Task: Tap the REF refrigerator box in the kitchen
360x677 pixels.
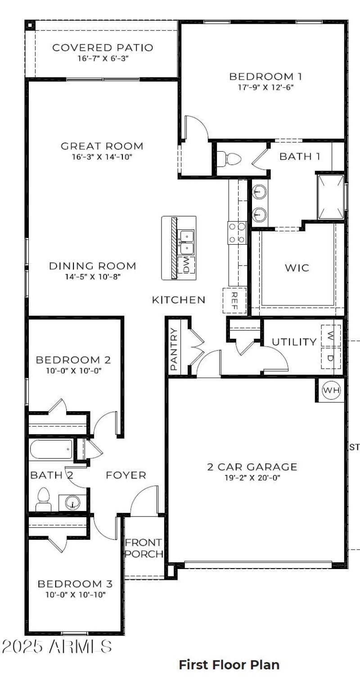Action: click(234, 300)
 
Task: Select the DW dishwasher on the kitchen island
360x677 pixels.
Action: click(186, 265)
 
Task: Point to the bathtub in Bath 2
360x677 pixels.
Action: click(51, 449)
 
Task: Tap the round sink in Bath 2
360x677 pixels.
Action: click(72, 502)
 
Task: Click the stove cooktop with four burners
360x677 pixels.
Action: click(237, 233)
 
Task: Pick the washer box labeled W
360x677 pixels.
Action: click(331, 336)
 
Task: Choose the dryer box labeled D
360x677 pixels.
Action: click(331, 358)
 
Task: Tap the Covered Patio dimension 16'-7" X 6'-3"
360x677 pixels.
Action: click(103, 59)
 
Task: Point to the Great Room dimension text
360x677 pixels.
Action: click(102, 157)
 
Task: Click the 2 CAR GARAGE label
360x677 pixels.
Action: click(252, 467)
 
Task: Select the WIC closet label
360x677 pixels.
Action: click(297, 268)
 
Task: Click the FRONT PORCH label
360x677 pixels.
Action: click(144, 548)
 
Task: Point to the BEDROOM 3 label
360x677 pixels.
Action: click(75, 584)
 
